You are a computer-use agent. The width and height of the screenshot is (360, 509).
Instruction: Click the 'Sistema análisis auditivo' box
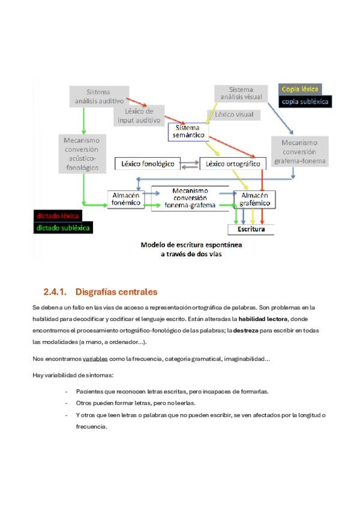(x=98, y=97)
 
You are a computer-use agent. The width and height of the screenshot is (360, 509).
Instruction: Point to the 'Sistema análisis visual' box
(x=241, y=94)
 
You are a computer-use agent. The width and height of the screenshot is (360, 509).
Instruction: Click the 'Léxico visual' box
(x=234, y=114)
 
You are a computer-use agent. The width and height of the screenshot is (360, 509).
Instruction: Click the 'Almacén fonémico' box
(x=125, y=199)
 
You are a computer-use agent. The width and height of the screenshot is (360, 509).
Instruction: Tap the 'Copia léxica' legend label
(x=301, y=89)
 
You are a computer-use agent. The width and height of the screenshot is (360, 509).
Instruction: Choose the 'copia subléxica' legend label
(x=305, y=101)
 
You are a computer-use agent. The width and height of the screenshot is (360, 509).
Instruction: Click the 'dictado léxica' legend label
(x=58, y=215)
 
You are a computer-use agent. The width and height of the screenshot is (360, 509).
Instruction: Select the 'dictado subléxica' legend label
(x=64, y=228)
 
